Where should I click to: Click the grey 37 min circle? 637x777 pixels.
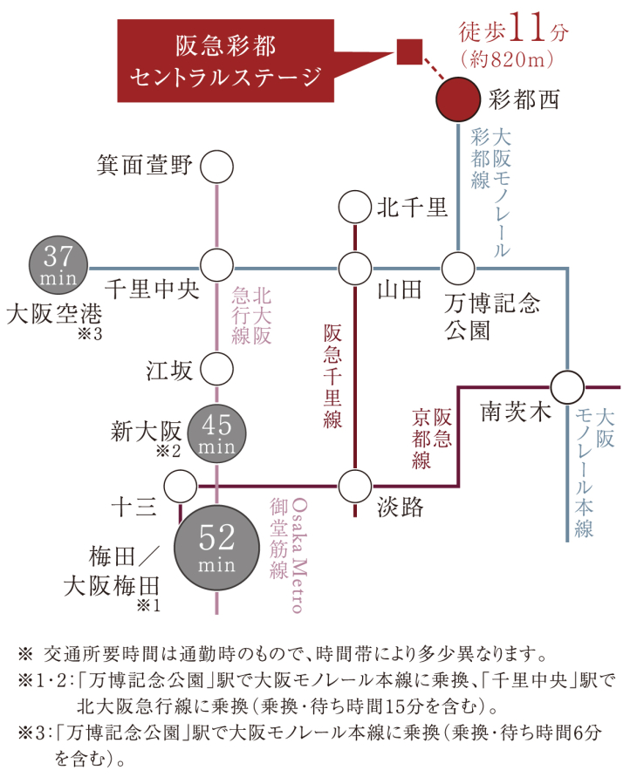pyautogui.click(x=58, y=266)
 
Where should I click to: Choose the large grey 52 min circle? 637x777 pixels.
pyautogui.click(x=216, y=549)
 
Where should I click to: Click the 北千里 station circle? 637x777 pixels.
pyautogui.click(x=354, y=208)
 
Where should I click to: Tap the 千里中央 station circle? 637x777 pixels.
pyautogui.click(x=216, y=266)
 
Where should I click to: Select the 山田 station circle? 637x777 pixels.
pyautogui.click(x=355, y=267)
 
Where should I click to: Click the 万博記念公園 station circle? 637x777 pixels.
pyautogui.click(x=457, y=267)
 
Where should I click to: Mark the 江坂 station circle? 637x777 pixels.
pyautogui.click(x=216, y=370)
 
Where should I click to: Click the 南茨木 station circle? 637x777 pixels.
pyautogui.click(x=567, y=385)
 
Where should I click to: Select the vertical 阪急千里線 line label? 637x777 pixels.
pyautogui.click(x=332, y=376)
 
